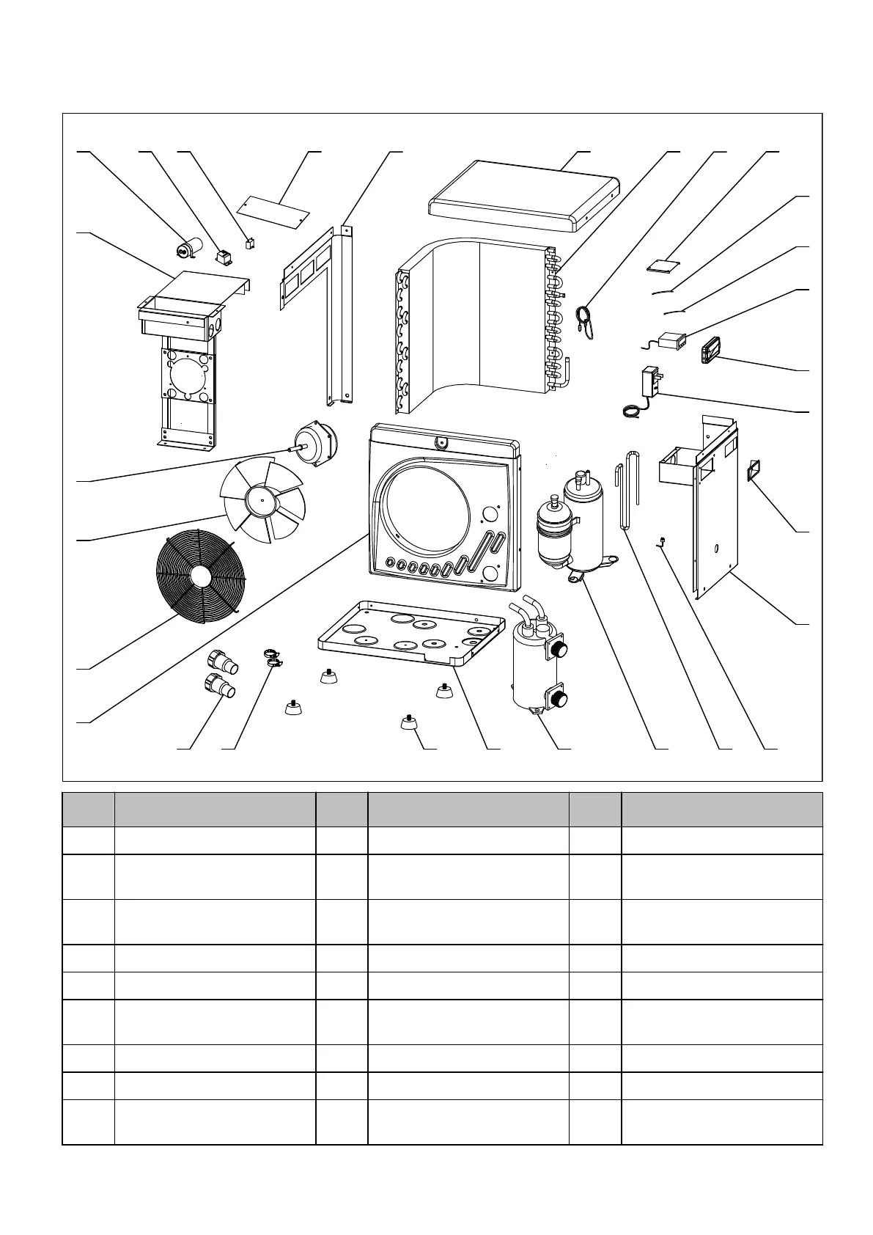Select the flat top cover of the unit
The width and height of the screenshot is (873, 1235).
click(x=521, y=194)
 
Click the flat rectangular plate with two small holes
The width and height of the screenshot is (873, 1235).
click(x=276, y=209)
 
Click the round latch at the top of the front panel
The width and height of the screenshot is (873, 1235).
click(x=442, y=441)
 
